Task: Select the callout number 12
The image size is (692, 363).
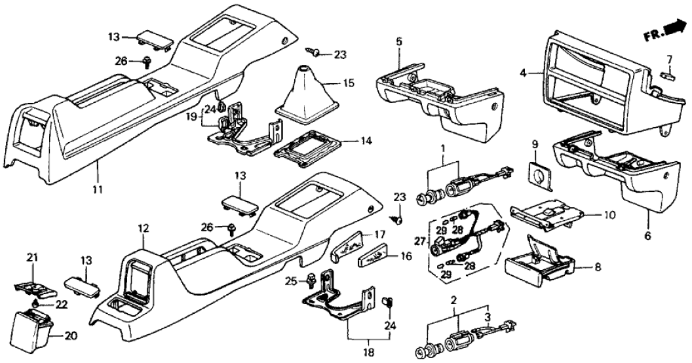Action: [144, 228]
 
